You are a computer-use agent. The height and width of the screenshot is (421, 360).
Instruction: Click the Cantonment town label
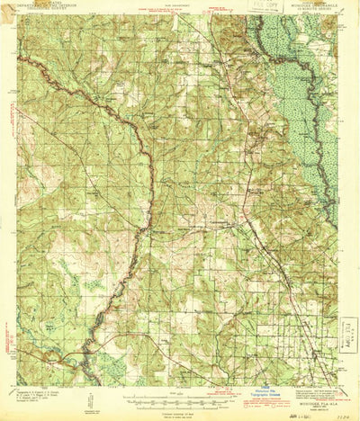coord(221,219)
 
